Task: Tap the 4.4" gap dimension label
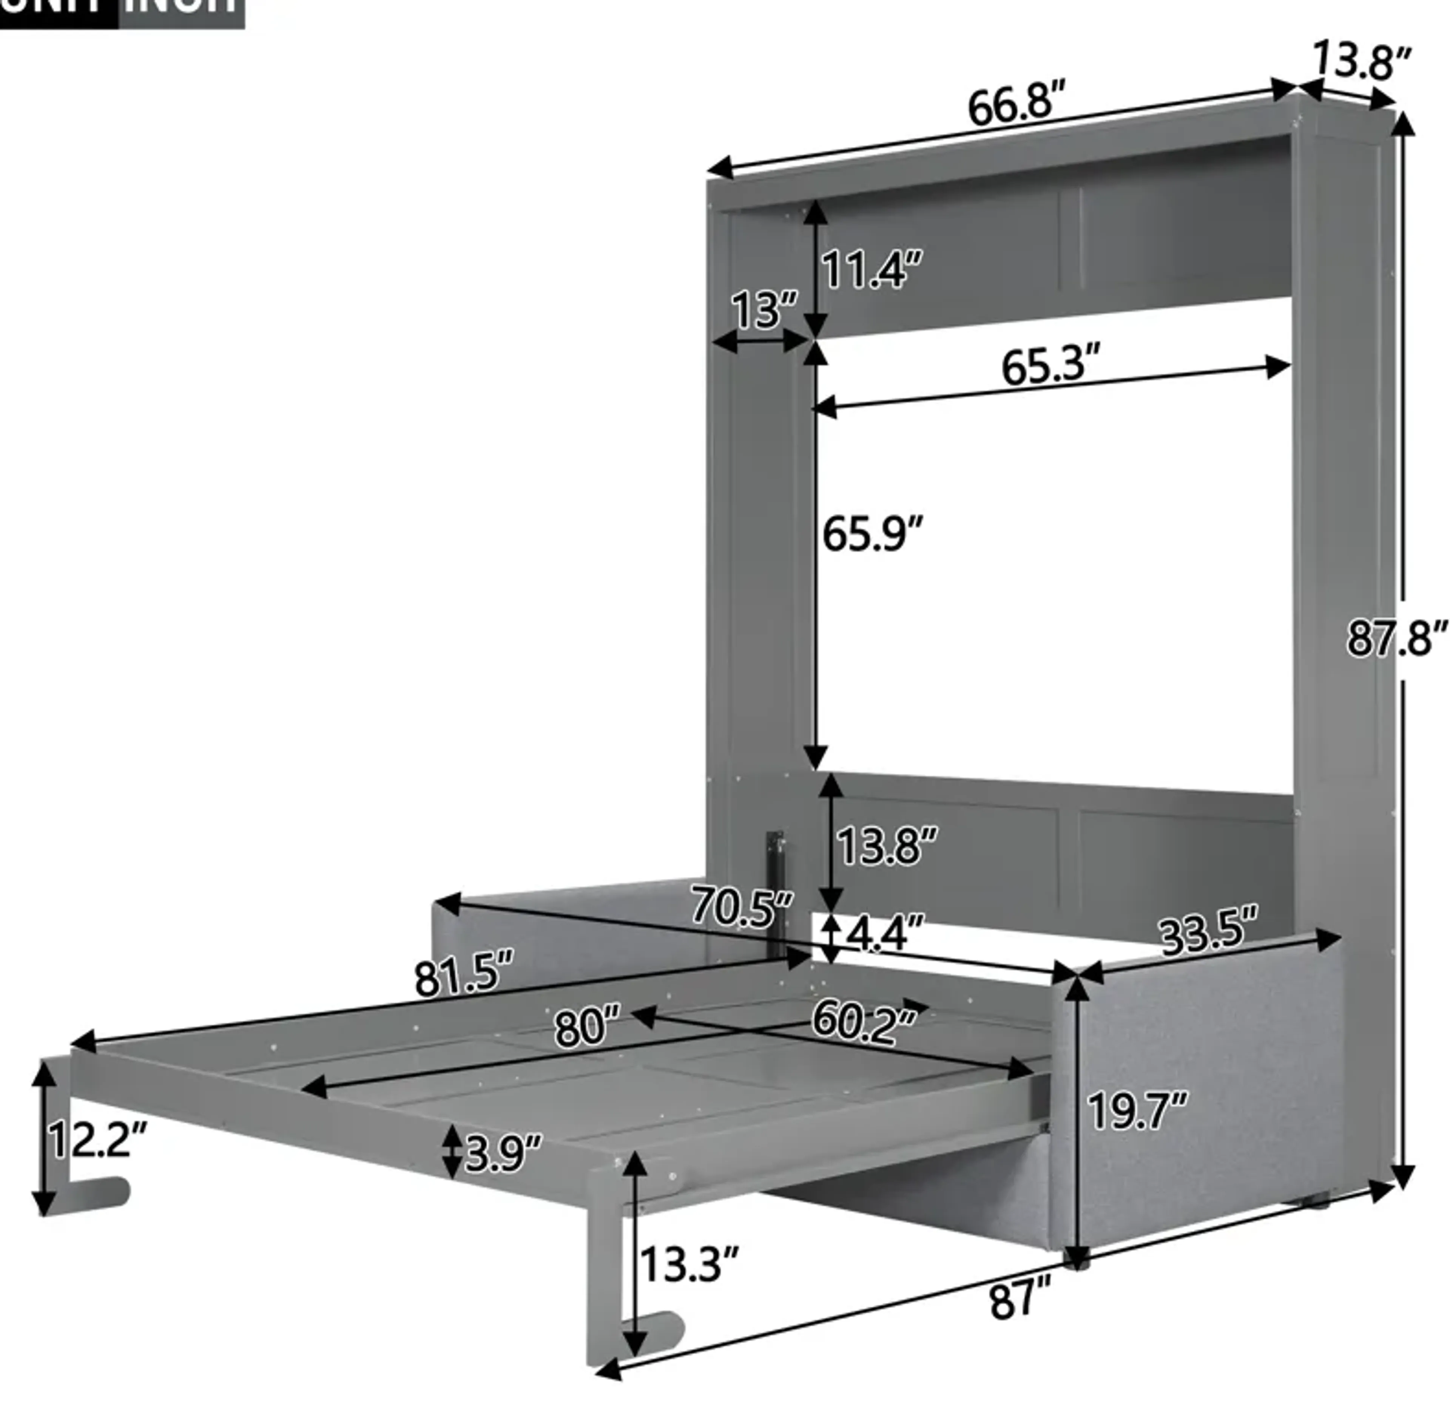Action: point(885,934)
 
